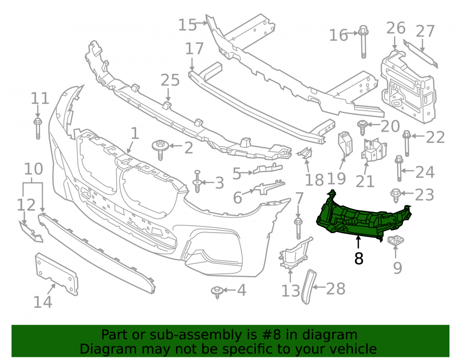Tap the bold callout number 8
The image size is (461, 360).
click(x=359, y=258)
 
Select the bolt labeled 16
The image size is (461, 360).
click(x=363, y=42)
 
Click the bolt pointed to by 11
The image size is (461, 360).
click(x=38, y=128)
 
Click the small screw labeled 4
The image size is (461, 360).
click(x=217, y=291)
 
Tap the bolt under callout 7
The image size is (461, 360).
click(x=298, y=228)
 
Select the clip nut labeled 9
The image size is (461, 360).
click(x=395, y=241)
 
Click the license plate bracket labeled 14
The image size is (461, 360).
click(x=56, y=273)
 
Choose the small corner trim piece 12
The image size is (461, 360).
click(x=31, y=232)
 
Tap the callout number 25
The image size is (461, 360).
click(x=170, y=80)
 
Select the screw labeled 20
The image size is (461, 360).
click(x=362, y=127)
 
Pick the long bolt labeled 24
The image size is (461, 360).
click(x=399, y=169)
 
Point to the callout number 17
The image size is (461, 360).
click(x=194, y=48)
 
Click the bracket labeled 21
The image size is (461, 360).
click(x=373, y=150)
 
